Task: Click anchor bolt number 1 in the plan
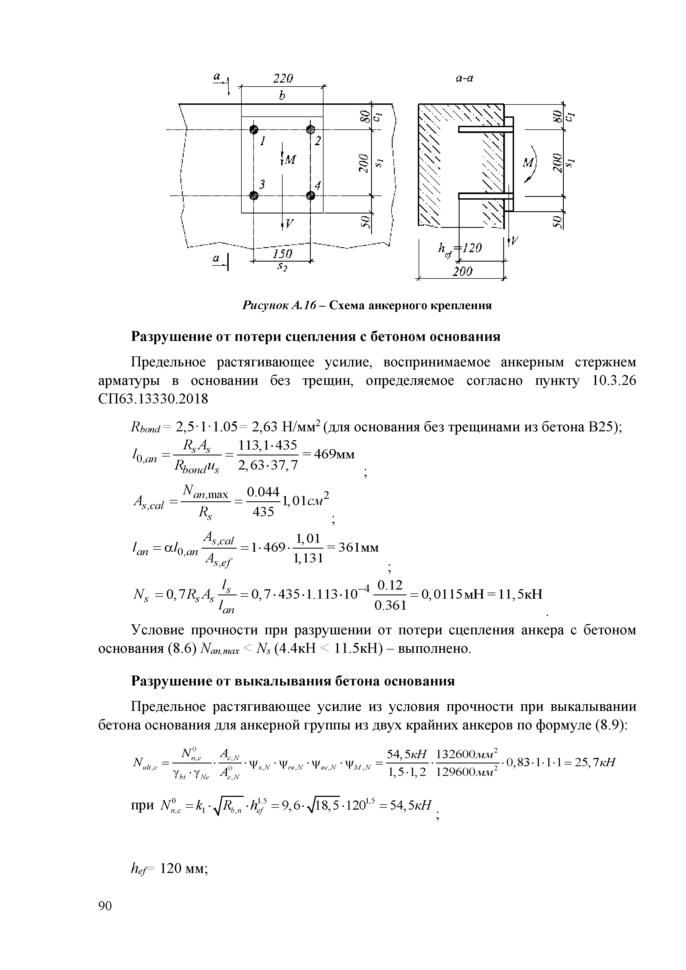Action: pyautogui.click(x=254, y=129)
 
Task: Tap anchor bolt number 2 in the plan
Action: pyautogui.click(x=311, y=129)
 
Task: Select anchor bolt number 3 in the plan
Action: pyautogui.click(x=254, y=195)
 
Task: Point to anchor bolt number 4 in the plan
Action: pyautogui.click(x=311, y=195)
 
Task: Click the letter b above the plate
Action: pyautogui.click(x=282, y=96)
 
